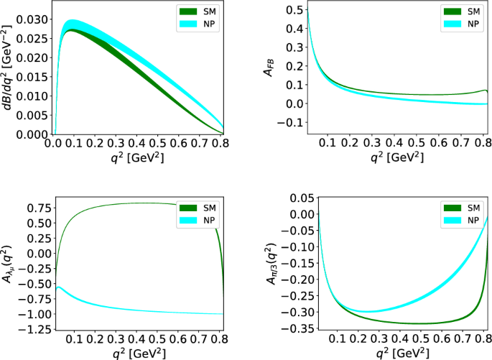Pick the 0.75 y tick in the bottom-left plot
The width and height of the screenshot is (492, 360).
click(37, 208)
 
